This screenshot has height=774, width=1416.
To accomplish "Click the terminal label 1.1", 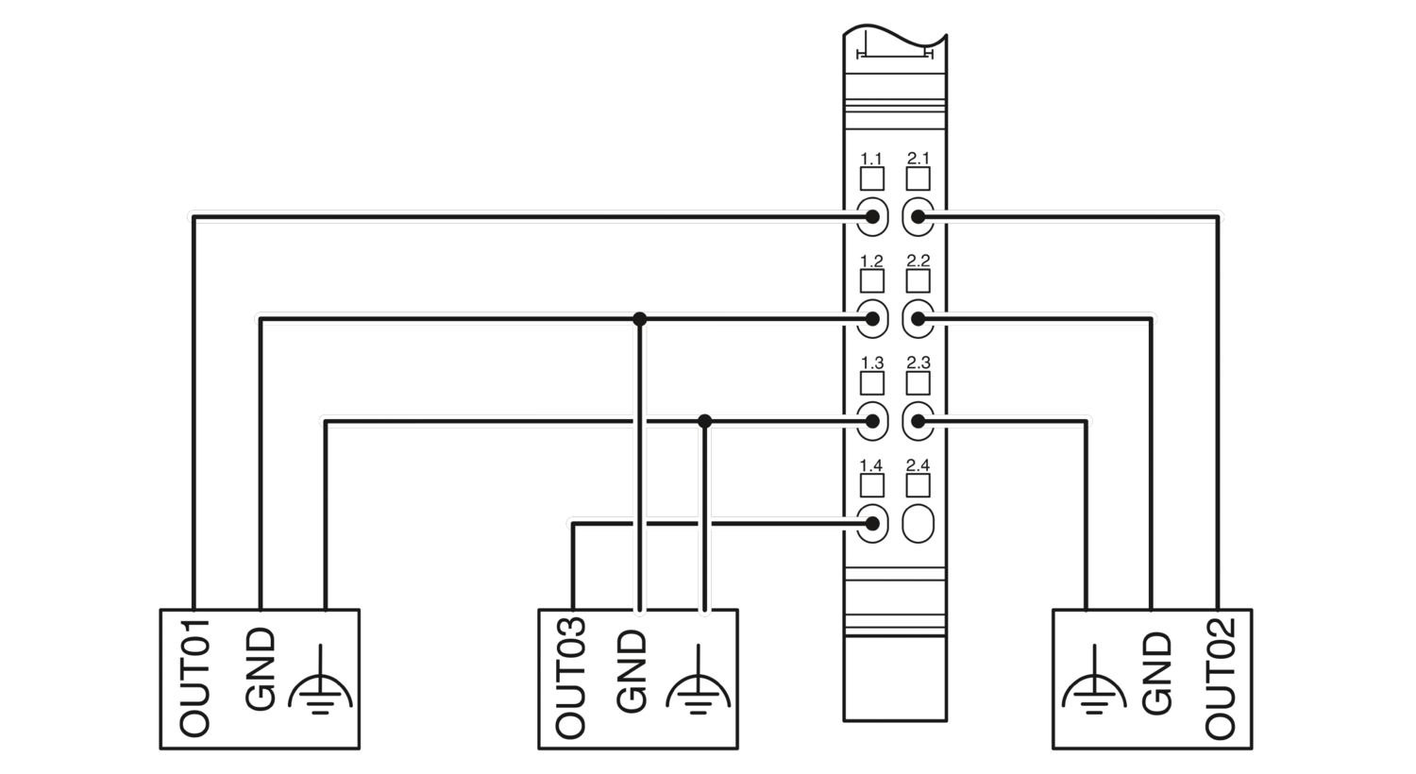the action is pos(871,158).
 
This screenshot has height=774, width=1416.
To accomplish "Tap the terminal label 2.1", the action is pos(918,158).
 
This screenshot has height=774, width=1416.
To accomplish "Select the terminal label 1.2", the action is pos(871,261).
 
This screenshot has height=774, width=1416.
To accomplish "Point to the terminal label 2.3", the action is pos(918,362).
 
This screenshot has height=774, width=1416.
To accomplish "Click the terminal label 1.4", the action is pos(871,465).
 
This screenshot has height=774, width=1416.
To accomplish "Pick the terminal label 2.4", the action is pos(918,465).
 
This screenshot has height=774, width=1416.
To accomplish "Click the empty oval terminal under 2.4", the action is pos(918,523).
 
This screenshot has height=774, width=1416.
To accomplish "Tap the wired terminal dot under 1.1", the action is pos(872,217).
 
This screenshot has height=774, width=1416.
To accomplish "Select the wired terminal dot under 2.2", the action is pos(918,319).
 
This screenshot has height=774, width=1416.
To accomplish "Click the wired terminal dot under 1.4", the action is pos(872,523).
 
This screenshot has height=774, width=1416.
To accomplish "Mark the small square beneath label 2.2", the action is pos(918,281).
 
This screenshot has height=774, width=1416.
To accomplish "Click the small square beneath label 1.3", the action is pos(871,383).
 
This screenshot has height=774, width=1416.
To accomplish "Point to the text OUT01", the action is pos(194,678).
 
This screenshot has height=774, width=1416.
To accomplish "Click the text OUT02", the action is pos(1220,678).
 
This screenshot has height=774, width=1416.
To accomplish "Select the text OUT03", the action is pos(570,678).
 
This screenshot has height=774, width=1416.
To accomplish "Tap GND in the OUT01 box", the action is pos(261,669).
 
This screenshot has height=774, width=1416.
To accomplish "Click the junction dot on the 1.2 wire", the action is pos(640,319).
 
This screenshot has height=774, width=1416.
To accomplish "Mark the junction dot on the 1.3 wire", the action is pos(705,421).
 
